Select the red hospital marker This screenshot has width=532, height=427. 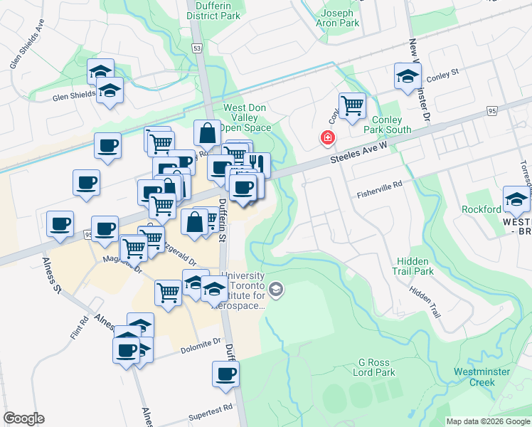(328, 137)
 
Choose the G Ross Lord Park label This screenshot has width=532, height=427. (376, 367)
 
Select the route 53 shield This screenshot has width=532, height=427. (197, 47)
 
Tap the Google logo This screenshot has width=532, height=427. (23, 418)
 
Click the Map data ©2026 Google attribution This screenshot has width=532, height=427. (487, 421)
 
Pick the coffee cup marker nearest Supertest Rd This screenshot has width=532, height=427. (226, 374)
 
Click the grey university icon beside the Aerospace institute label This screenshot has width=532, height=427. (276, 289)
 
